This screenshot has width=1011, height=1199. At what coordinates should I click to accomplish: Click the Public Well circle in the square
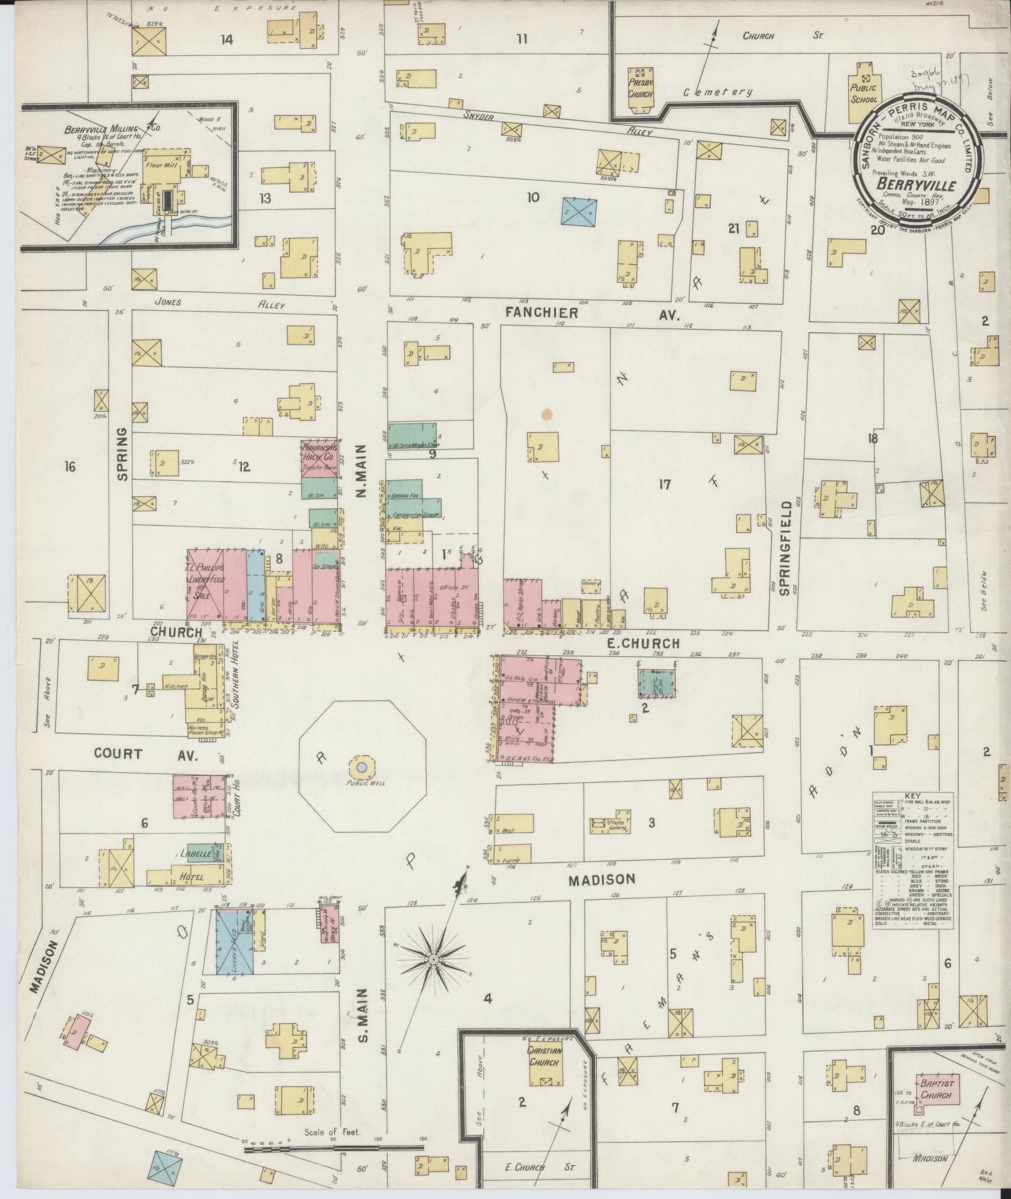point(362,767)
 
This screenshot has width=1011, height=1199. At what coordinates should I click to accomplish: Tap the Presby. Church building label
point(641,87)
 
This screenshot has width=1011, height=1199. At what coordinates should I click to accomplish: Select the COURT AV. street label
point(145,754)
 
